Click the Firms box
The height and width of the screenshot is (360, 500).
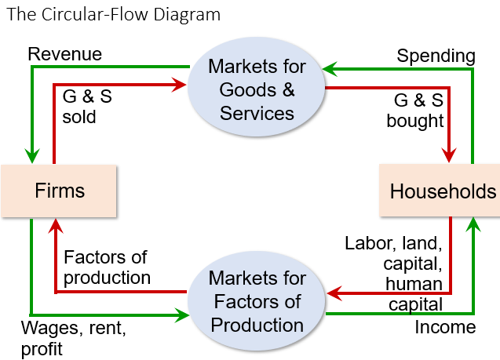click(x=60, y=191)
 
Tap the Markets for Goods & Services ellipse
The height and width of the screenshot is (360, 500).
click(x=257, y=89)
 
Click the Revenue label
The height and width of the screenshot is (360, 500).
click(x=65, y=54)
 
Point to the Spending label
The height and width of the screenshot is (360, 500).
click(x=436, y=56)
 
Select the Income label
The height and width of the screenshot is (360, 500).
click(x=445, y=327)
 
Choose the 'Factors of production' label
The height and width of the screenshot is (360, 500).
click(x=106, y=267)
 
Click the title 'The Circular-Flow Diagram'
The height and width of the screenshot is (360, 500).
click(x=114, y=15)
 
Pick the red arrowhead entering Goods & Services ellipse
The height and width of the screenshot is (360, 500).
click(x=183, y=85)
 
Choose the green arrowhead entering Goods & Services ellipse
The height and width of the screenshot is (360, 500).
click(x=330, y=69)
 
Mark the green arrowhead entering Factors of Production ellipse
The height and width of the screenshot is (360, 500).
click(x=184, y=315)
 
